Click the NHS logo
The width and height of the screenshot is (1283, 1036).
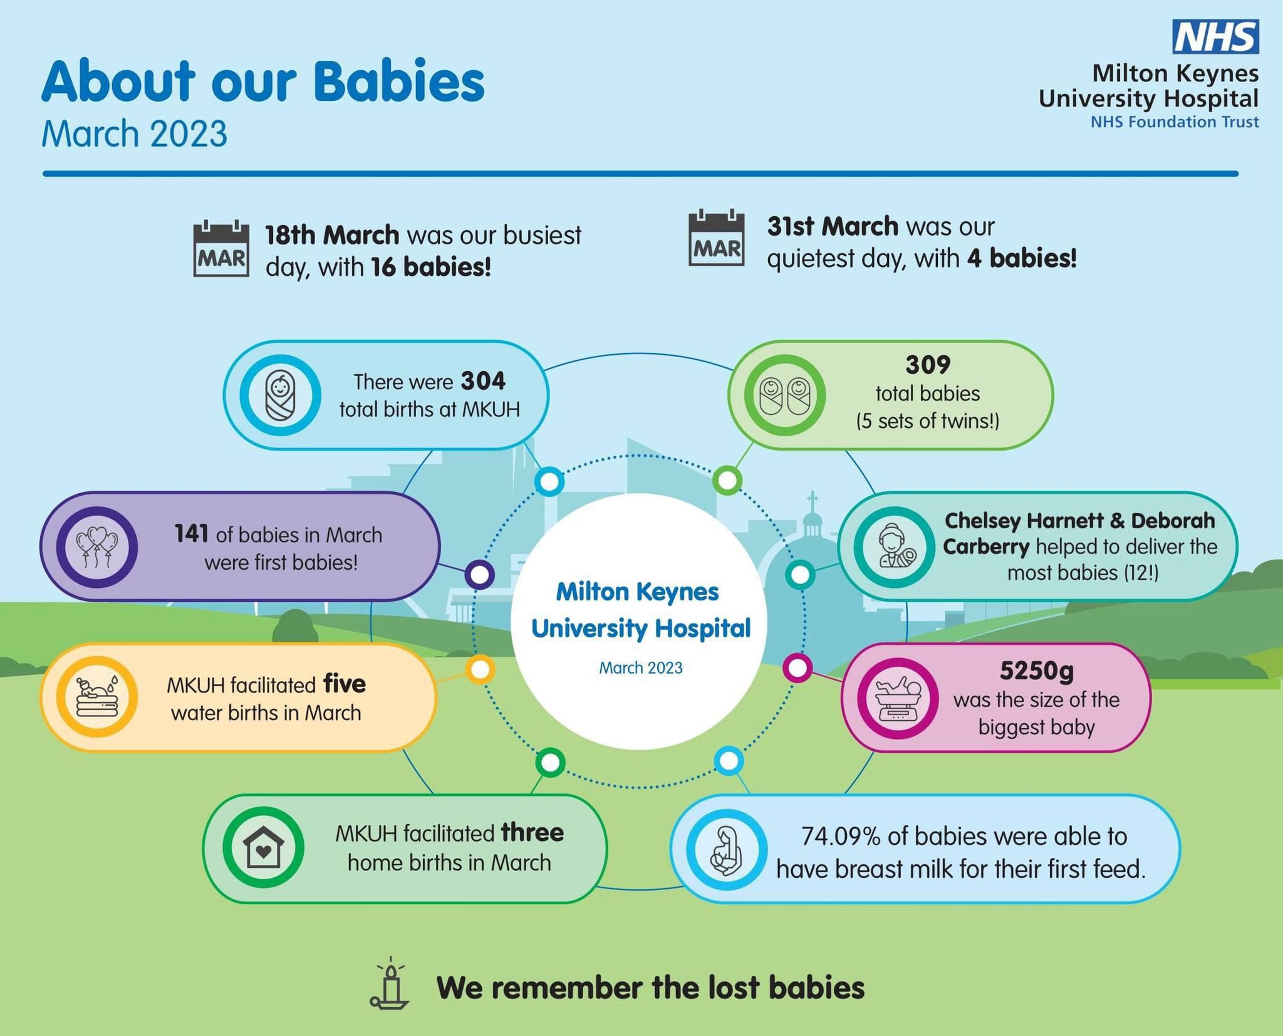point(1215,36)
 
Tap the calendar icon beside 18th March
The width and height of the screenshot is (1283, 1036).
point(221,248)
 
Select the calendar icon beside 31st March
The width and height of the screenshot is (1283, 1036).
point(717,238)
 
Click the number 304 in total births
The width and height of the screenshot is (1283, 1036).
point(483,381)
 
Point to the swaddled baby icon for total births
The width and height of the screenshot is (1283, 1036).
point(280,395)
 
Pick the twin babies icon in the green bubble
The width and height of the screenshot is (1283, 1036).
point(785,395)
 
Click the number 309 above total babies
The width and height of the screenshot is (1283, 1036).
point(928,364)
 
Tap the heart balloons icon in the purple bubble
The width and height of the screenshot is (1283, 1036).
point(96,547)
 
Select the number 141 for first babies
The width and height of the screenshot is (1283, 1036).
point(192,534)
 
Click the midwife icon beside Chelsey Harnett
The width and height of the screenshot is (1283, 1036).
point(894,547)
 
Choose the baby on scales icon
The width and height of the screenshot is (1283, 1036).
point(898,698)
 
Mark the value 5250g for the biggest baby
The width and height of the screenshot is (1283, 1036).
point(1036,671)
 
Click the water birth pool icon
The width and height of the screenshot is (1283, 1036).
point(96,697)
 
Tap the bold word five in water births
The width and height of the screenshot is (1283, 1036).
point(345,684)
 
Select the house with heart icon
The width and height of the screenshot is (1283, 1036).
point(263,848)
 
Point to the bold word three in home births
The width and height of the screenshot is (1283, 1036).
point(532,833)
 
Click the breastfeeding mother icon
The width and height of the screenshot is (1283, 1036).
point(727,850)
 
